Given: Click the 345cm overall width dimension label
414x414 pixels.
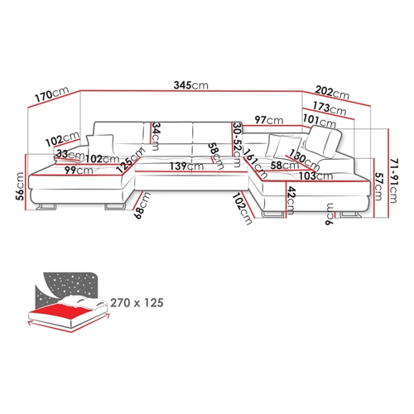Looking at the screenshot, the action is click(190, 85).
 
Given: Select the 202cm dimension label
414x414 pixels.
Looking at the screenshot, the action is click(332, 92).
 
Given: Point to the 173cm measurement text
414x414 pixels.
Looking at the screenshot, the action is click(330, 108).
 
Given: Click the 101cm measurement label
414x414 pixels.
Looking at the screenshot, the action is click(320, 121).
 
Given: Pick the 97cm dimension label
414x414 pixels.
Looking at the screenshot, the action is click(269, 120).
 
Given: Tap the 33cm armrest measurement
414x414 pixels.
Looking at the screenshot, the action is click(70, 155).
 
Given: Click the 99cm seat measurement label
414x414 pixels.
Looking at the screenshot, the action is click(79, 171).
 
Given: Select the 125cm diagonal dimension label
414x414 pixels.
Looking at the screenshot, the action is click(131, 160).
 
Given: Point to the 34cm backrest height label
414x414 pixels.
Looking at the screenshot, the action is click(156, 137).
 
